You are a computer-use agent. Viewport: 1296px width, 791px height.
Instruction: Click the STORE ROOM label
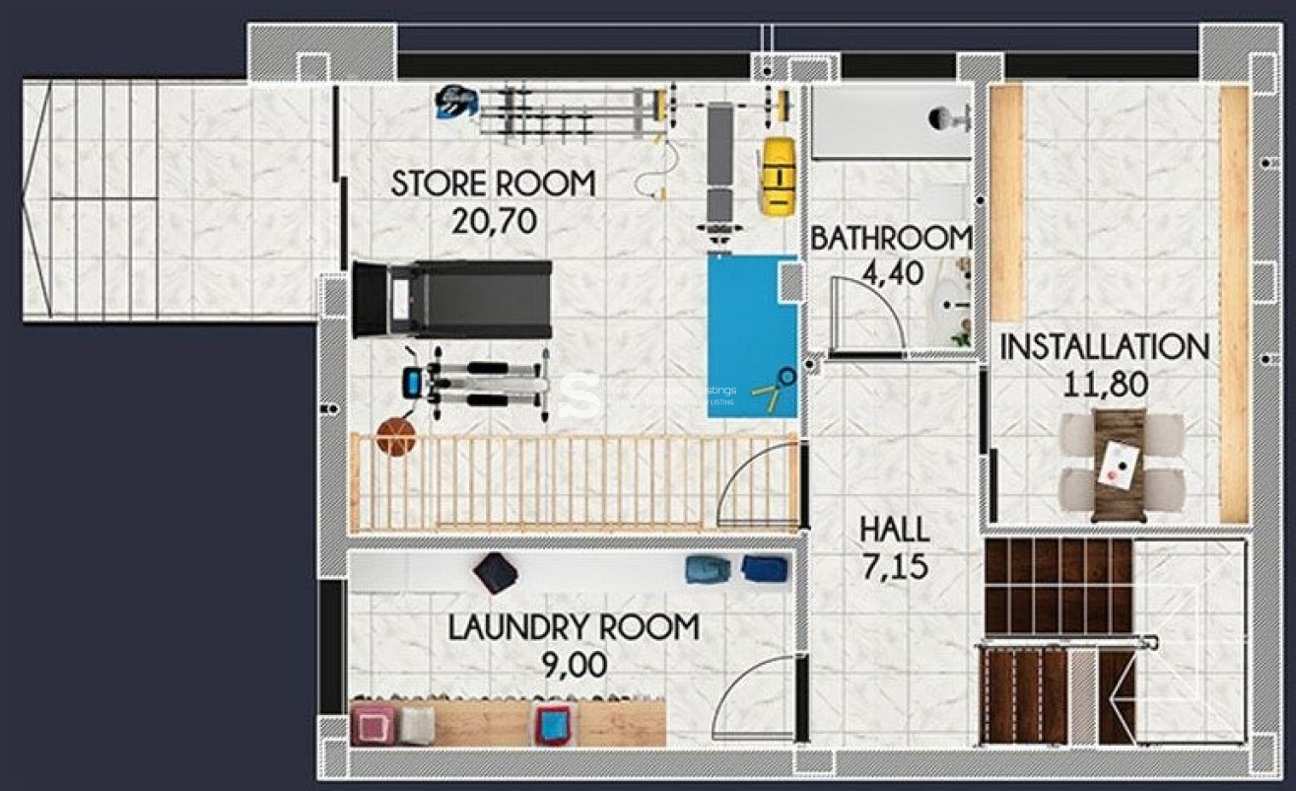pos(493,183)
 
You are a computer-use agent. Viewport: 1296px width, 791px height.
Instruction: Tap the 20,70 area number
pos(493,221)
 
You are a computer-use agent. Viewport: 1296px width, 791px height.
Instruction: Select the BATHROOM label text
pos(891,238)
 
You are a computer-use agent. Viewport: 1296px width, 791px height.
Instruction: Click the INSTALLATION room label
pos(1104,347)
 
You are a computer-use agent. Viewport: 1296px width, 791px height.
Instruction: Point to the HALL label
pos(894,530)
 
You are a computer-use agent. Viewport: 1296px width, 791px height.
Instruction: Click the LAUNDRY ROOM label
pos(574,627)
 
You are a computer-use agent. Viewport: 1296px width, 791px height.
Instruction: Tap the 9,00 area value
pos(574,666)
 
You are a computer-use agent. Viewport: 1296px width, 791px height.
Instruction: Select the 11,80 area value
pos(1104,384)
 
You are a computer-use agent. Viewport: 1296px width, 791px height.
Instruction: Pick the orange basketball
pos(396,437)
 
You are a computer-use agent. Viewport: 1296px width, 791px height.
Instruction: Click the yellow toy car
pos(777,175)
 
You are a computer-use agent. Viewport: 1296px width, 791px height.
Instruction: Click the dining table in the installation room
pos(1120,464)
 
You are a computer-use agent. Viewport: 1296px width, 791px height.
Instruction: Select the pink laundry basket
pos(374,724)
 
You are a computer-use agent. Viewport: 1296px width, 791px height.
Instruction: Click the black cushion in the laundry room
pos(495,572)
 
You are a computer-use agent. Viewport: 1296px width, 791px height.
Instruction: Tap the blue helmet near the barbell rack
pos(455,100)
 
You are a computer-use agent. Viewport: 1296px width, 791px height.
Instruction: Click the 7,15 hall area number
pos(894,567)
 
